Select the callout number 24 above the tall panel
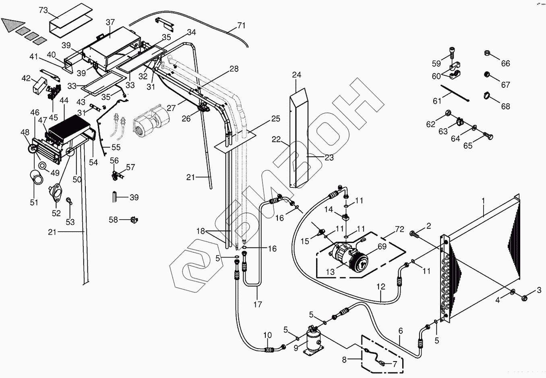(x=297, y=75)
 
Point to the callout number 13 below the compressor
(x=330, y=272)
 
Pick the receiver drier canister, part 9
(x=314, y=341)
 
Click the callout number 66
(x=505, y=63)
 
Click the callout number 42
(x=26, y=78)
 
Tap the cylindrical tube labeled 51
(x=37, y=177)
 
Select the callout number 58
(x=113, y=220)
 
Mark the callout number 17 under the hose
(x=257, y=304)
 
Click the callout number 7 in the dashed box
(x=395, y=364)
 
